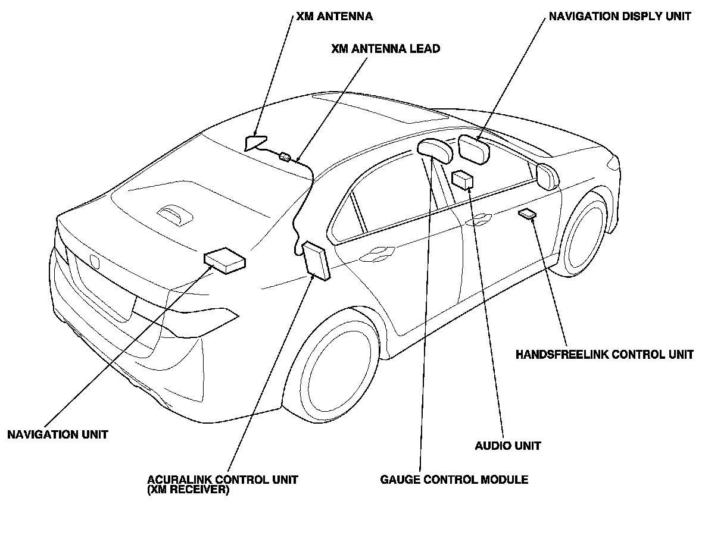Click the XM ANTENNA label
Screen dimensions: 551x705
334,17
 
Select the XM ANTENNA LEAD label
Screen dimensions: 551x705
385,49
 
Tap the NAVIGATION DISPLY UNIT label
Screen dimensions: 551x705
619,17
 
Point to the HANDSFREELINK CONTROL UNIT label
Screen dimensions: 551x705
604,355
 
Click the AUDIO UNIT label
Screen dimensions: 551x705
508,445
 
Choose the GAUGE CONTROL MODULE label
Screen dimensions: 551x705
454,480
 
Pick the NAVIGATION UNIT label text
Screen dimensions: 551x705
58,434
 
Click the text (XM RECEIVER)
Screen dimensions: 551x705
188,491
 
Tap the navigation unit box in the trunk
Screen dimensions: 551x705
224,260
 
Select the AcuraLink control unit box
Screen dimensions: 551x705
316,260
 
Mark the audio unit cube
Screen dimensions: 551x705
463,179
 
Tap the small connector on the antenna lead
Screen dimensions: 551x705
285,157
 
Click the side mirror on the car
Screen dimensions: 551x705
547,176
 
